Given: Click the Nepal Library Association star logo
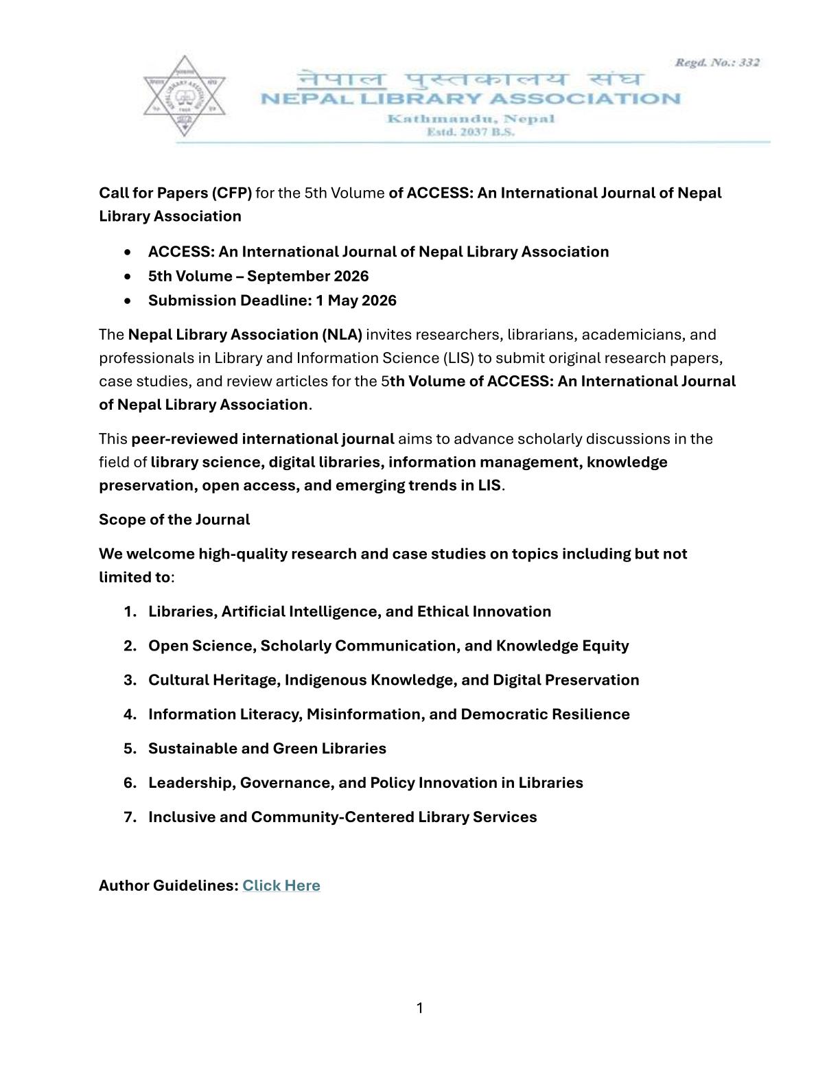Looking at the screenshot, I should point(183,96).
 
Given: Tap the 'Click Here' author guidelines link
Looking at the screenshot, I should point(281,885).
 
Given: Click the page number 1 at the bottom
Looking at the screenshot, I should point(419,1007).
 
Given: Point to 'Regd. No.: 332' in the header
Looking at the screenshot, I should point(717,62).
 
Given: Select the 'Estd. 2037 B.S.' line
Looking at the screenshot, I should point(470,132).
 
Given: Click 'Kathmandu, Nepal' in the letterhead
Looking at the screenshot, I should point(471,119).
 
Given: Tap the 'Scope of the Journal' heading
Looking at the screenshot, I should point(174,519).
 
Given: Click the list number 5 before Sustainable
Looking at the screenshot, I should point(130,749).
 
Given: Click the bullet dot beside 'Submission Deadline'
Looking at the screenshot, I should point(128,301).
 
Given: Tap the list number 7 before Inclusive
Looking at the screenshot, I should point(130,817).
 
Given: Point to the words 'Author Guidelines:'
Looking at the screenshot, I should point(168,885).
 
